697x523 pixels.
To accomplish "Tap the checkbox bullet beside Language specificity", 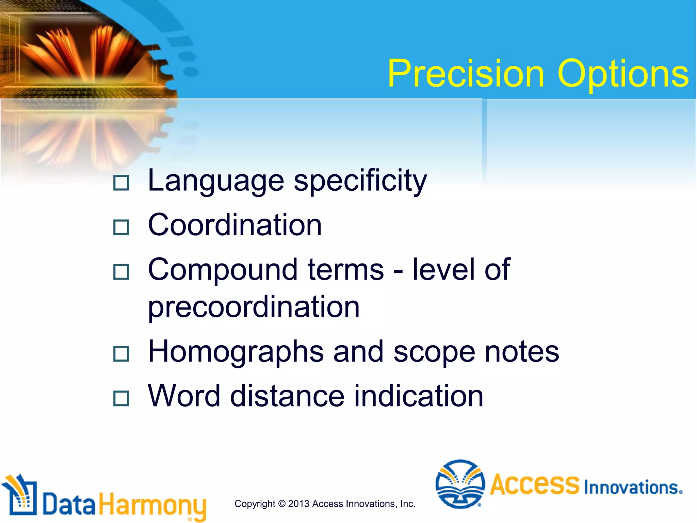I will [121, 183].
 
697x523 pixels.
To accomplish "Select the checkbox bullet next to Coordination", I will [121, 227].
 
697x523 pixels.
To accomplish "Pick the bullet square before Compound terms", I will [121, 272].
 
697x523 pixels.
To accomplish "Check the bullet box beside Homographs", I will [121, 353].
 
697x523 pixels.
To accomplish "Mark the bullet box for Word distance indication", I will [121, 398].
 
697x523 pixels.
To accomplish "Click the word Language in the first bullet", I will [216, 181].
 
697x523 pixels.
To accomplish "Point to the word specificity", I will [360, 181].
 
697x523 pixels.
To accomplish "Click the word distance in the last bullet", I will [287, 396].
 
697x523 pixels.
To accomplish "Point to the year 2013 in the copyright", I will [298, 504].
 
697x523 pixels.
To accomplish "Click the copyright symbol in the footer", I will [282, 504].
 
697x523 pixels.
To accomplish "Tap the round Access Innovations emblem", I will [460, 484].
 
